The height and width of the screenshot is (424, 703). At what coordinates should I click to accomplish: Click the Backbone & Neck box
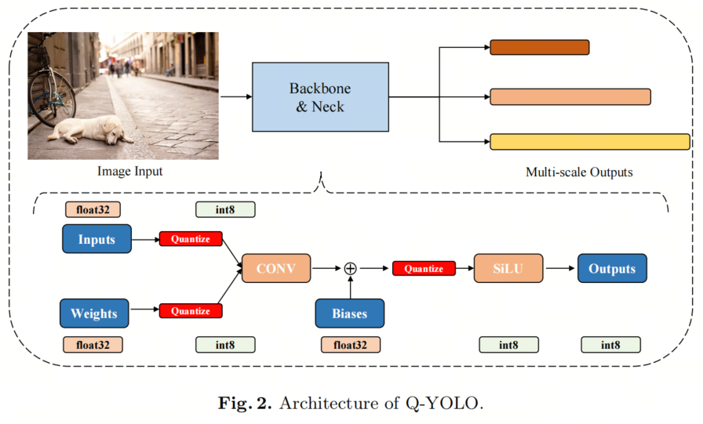320,96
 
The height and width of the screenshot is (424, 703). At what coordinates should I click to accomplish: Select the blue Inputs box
97,239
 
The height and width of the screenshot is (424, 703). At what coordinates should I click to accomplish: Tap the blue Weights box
94,313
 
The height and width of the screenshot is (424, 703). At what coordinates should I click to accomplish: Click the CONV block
276,268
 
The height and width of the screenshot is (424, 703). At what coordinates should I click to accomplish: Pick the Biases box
350,313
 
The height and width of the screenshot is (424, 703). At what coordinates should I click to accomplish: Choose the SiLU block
508,268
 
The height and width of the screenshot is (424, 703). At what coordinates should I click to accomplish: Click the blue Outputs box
612,268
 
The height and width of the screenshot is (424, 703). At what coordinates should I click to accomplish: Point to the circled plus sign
351,268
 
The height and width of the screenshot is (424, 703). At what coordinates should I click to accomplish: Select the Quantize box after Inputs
191,239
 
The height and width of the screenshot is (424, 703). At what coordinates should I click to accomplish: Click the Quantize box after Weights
191,311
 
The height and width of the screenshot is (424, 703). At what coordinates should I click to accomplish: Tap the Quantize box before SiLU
424,269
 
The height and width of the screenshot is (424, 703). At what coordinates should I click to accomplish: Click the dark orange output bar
539,48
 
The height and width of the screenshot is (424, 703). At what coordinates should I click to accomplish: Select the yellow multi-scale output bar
590,142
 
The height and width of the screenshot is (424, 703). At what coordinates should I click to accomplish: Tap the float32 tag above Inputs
93,209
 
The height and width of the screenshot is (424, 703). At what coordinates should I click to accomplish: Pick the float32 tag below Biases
350,344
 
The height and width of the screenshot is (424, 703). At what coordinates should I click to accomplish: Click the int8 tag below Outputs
610,344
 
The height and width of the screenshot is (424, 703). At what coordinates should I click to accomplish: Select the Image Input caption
130,171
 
